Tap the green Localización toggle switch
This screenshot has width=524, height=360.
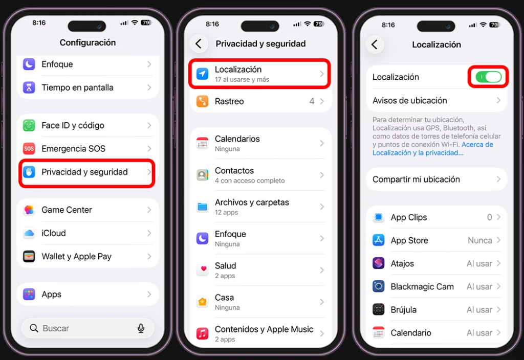488,77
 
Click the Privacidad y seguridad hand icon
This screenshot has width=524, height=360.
29,172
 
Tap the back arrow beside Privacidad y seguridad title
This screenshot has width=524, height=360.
199,44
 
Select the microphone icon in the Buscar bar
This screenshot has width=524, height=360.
141,328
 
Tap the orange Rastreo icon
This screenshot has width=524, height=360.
203,101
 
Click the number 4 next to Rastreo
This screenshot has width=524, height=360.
312,101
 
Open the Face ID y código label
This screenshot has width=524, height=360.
73,125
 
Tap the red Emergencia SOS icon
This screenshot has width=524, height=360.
29,149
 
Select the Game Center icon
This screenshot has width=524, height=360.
29,210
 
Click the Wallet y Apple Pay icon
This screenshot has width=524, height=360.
29,257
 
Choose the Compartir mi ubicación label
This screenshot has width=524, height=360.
416,179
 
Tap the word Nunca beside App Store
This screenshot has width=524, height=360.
479,240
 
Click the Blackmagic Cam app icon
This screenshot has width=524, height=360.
379,286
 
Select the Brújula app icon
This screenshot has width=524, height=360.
379,310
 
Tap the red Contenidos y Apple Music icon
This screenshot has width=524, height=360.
203,334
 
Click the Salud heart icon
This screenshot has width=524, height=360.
203,270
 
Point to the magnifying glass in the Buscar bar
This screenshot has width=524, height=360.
34,328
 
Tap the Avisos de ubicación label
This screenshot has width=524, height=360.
409,101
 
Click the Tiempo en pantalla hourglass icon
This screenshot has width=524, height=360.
29,87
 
